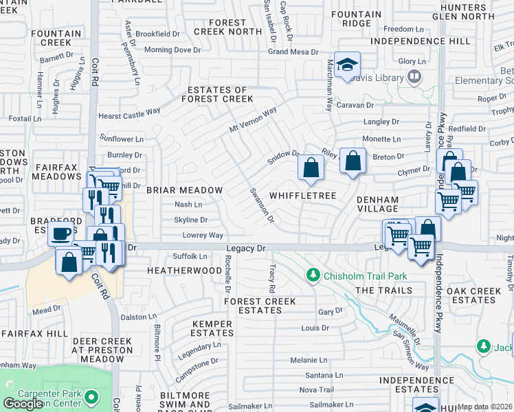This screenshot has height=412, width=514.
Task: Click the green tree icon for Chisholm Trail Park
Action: click(314, 275)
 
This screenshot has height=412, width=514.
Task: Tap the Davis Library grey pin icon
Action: click(414, 78)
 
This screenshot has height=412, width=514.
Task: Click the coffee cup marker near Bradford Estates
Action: click(61, 233)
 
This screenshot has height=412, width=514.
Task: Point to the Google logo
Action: click(23, 404)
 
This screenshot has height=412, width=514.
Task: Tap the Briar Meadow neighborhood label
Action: click(183, 190)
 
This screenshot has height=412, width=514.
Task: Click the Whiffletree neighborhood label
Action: click(302, 196)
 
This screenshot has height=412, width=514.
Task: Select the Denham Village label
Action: click(377, 205)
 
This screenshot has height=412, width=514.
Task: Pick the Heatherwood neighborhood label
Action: click(184, 271)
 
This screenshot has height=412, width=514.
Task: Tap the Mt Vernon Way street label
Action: click(252, 120)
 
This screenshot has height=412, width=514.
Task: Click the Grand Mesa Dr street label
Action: click(293, 51)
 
